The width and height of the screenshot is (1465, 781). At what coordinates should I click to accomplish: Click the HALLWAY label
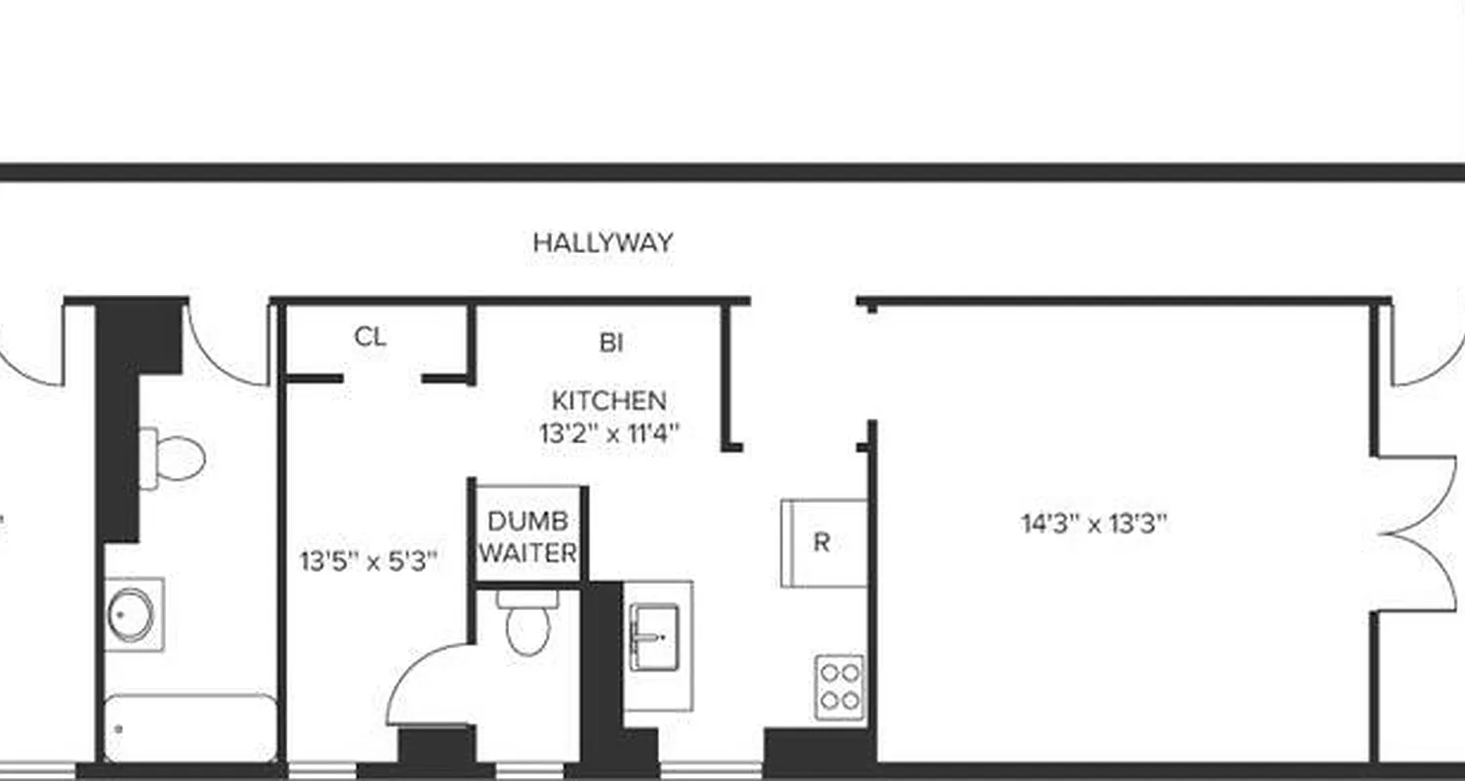[x=603, y=242]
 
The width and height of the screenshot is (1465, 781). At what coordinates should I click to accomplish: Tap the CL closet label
[x=370, y=338]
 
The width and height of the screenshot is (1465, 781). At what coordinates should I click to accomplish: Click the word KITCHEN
[x=608, y=400]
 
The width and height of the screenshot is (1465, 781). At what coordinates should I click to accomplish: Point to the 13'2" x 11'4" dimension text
[x=608, y=432]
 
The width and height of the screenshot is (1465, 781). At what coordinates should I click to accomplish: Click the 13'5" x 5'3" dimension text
[x=368, y=561]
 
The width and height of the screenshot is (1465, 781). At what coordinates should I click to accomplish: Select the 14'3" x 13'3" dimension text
[x=1094, y=524]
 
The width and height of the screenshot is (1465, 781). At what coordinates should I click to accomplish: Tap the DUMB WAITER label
[x=528, y=536]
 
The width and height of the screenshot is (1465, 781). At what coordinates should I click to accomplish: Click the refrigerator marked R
[x=822, y=543]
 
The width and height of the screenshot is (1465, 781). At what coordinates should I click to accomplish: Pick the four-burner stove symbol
[x=840, y=686]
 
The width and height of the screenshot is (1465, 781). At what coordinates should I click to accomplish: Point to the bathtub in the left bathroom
[x=189, y=727]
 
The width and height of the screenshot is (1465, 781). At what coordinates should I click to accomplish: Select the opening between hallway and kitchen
[x=803, y=303]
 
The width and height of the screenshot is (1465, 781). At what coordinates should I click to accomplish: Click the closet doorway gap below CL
[x=382, y=379]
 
